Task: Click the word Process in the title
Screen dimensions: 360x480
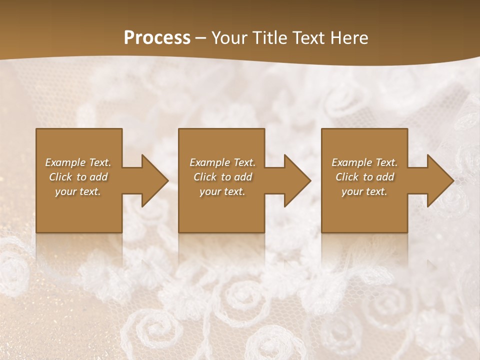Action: click(157, 38)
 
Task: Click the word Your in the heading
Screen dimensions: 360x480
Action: click(230, 38)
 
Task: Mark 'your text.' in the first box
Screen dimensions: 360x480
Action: click(78, 191)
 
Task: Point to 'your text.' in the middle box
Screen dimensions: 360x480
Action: click(222, 191)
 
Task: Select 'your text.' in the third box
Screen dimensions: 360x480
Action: click(364, 191)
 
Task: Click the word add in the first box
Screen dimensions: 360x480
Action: click(98, 177)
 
